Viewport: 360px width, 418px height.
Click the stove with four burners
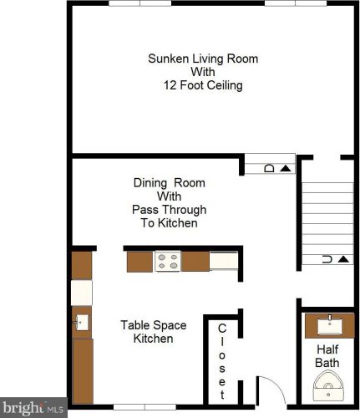click(x=168, y=262)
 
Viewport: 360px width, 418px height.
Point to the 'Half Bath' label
click(x=327, y=355)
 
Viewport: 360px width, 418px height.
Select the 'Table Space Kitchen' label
click(x=153, y=332)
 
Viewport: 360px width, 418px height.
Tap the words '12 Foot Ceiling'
click(x=203, y=85)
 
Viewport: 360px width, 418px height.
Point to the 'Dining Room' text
click(x=170, y=182)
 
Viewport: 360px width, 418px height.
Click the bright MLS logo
click(x=33, y=409)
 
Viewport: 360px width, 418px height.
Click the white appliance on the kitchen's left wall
click(x=81, y=292)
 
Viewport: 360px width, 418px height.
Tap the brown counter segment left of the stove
click(x=139, y=262)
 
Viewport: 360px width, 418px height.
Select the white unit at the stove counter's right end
click(x=224, y=262)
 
